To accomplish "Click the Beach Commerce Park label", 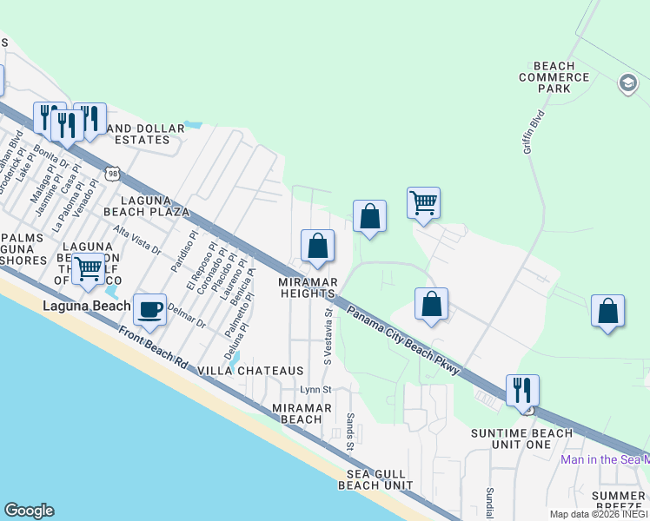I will tap(560, 77).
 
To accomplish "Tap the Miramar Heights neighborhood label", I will tap(308, 287).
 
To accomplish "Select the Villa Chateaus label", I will tap(251, 371).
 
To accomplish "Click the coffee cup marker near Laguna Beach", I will tap(150, 308).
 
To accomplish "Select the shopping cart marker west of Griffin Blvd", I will tap(423, 203).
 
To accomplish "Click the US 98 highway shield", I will tap(113, 175).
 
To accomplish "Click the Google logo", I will tap(29, 511).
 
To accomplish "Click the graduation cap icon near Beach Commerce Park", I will tap(627, 83).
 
